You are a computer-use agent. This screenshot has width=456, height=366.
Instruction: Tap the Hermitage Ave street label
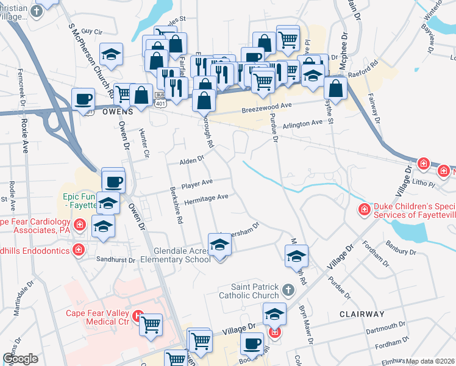[x=206, y=198]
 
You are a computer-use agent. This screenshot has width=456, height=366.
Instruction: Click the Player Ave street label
[x=196, y=182]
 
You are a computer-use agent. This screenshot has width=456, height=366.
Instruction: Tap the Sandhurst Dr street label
[x=116, y=259]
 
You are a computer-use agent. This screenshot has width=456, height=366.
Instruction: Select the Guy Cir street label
[x=90, y=31]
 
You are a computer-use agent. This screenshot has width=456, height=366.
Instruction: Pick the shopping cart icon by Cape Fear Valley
[x=151, y=325]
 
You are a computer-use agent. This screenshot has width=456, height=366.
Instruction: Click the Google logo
[x=20, y=359]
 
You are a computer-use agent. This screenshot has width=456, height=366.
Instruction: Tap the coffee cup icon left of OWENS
[x=83, y=99]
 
